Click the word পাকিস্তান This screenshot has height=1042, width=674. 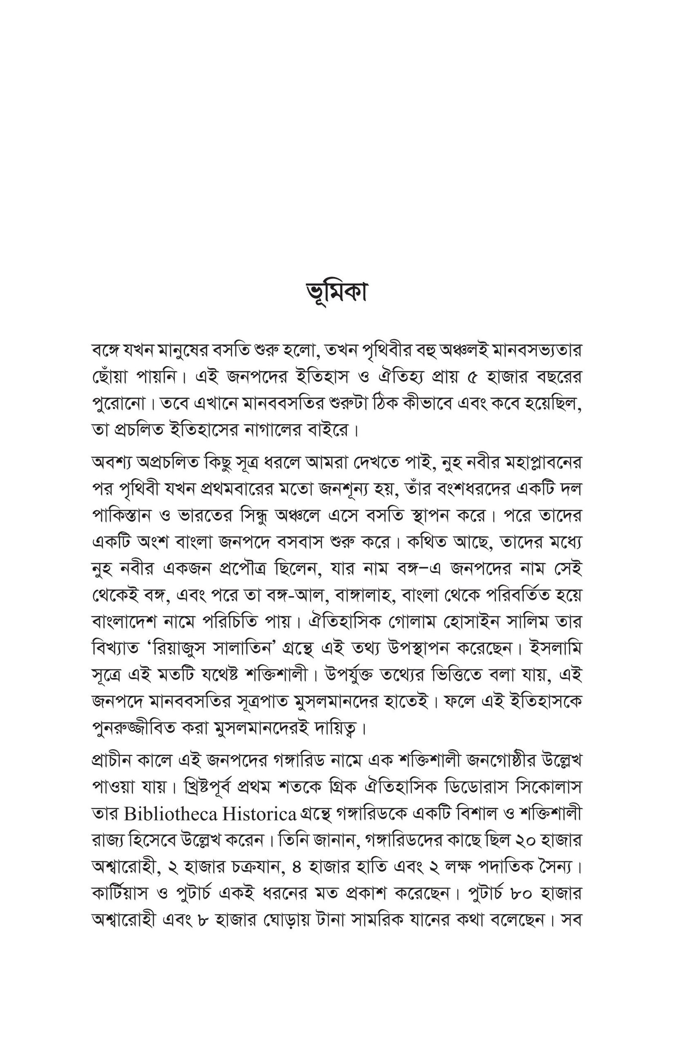[121, 516]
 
